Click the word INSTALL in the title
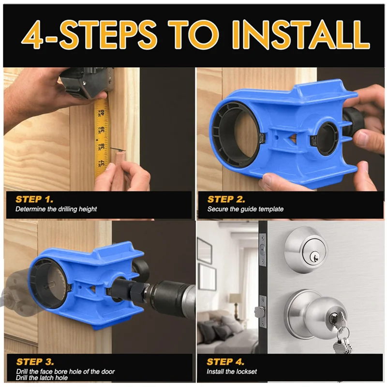coord(300,34)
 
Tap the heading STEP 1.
coord(34,199)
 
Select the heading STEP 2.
coord(226,199)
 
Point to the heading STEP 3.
coord(35,362)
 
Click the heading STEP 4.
coord(225,362)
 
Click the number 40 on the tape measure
coord(103,113)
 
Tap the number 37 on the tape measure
coord(103,162)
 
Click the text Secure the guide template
coord(245,209)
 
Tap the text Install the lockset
coord(232,372)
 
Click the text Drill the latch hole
coord(42,378)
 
